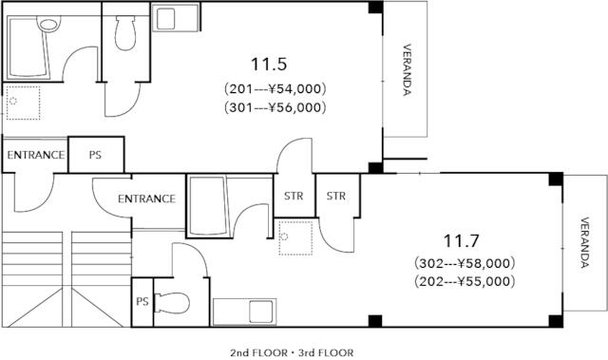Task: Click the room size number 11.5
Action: pos(269,64)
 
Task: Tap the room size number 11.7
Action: pos(461,240)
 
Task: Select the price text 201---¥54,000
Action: pos(275,89)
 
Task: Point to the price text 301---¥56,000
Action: pos(275,107)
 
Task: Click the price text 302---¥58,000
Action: pos(465,263)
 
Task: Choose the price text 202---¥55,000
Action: pos(465,281)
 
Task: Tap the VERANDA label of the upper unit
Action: pos(407,69)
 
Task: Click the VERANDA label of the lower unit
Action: pos(585,242)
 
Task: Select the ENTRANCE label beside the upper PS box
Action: pos(36,155)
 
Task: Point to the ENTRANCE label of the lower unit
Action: pos(146,199)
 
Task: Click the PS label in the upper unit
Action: pos(95,155)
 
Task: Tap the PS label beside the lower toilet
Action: pos(142,301)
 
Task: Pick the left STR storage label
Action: pos(294,196)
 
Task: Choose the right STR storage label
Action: pos(335,196)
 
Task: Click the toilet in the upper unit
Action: pos(125,33)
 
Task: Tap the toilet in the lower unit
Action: pos(172,303)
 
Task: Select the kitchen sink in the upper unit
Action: pos(175,17)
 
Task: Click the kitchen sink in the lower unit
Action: pos(244,312)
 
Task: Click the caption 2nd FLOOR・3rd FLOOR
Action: pos(292,353)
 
